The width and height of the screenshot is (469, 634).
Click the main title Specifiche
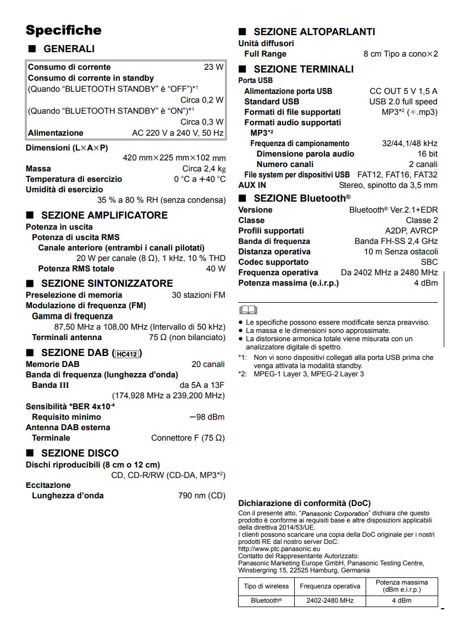tap(63, 30)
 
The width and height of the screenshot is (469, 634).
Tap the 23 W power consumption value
tap(213, 67)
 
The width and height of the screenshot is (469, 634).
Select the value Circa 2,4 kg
tap(203, 169)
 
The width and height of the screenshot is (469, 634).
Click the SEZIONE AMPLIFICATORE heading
tap(104, 215)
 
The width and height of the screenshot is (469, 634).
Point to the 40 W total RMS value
tap(216, 269)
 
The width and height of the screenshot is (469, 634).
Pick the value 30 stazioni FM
tap(198, 295)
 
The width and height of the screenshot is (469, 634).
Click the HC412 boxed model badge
tap(127, 354)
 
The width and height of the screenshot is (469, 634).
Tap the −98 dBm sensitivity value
tap(207, 417)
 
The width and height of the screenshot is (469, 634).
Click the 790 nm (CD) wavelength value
tap(202, 496)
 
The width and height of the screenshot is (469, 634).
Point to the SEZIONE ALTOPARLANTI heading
tap(314, 32)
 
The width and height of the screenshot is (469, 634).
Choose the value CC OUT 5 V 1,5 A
tap(403, 91)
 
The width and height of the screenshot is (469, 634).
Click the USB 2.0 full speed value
tap(403, 102)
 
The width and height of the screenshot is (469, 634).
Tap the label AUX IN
tap(252, 185)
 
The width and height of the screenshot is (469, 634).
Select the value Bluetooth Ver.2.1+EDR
tap(393, 210)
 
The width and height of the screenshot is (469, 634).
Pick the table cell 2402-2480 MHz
tap(330, 600)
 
